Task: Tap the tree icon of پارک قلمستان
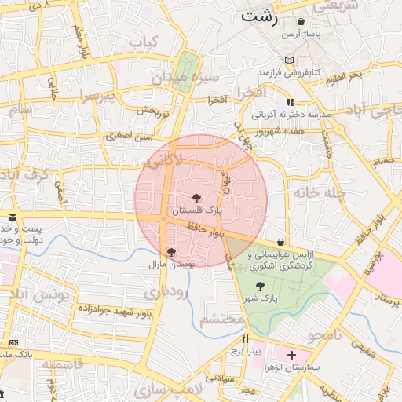coord(196,198)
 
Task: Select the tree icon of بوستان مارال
coord(172,252)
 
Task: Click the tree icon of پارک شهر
coord(260,287)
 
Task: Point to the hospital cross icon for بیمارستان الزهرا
coord(292,355)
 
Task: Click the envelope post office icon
coord(13,217)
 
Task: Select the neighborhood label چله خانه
coord(314,192)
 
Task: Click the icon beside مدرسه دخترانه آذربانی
coord(291,102)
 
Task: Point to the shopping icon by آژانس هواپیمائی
coord(281,242)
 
